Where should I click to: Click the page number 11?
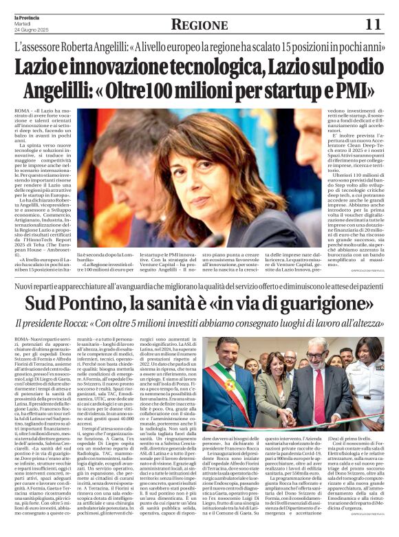[x=372, y=25]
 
